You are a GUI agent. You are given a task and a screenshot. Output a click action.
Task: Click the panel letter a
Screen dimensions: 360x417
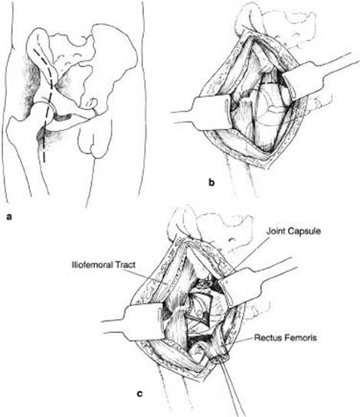9,217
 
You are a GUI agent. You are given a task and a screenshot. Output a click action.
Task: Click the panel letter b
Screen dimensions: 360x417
211,182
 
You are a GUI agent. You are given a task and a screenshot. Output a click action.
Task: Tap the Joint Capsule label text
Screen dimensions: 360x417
293,231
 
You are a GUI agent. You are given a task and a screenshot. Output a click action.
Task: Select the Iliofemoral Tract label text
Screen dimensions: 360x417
103,265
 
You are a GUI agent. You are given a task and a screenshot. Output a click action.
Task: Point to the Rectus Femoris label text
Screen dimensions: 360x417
286,337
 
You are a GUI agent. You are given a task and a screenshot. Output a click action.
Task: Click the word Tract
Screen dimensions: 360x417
125,265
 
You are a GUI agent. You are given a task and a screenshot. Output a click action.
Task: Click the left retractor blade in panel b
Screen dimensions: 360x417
211,112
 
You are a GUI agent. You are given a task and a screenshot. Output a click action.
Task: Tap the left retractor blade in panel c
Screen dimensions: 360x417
142,322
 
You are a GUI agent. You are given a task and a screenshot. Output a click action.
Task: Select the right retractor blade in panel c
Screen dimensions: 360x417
240,286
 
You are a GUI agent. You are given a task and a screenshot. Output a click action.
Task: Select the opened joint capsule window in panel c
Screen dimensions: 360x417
199,308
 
